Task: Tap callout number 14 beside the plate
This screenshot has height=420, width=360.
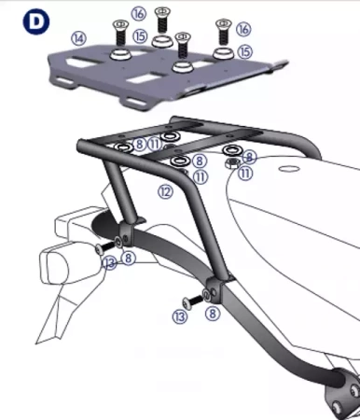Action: pos(78,38)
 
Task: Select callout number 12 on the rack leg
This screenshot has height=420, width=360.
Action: pos(165,190)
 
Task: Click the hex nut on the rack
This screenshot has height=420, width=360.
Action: pos(229,161)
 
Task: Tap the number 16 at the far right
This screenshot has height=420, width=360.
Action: pos(243,30)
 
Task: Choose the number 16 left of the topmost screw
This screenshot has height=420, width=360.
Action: pos(138,13)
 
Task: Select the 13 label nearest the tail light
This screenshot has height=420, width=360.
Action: pos(110,264)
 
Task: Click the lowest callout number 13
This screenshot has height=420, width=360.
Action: pos(180,317)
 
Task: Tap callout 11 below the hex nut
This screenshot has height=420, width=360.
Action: pos(243,173)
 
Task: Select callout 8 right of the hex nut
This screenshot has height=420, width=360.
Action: pos(250,158)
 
